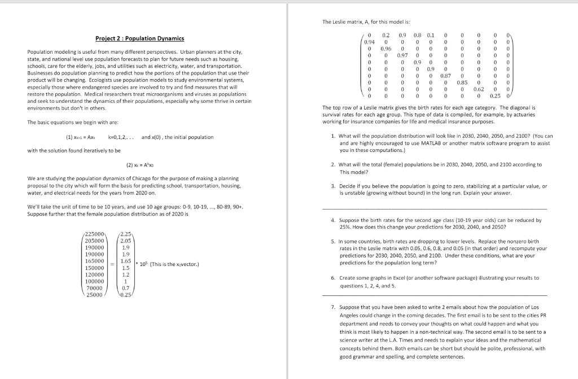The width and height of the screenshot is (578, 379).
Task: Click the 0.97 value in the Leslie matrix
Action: (x=402, y=55)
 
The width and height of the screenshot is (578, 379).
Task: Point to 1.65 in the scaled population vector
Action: (x=126, y=262)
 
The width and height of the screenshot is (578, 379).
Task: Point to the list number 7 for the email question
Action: (x=333, y=308)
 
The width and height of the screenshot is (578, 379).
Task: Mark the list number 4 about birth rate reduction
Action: (x=333, y=220)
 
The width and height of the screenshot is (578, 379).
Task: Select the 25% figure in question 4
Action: (x=345, y=227)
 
